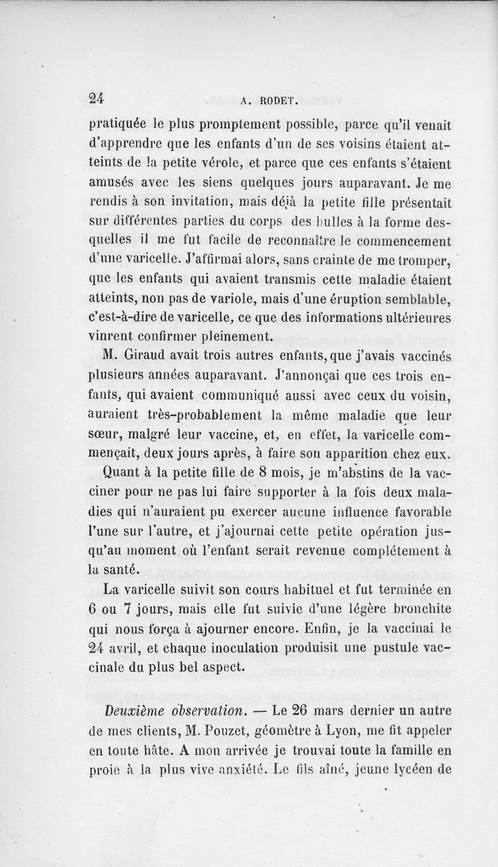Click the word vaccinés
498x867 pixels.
pos(422,357)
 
